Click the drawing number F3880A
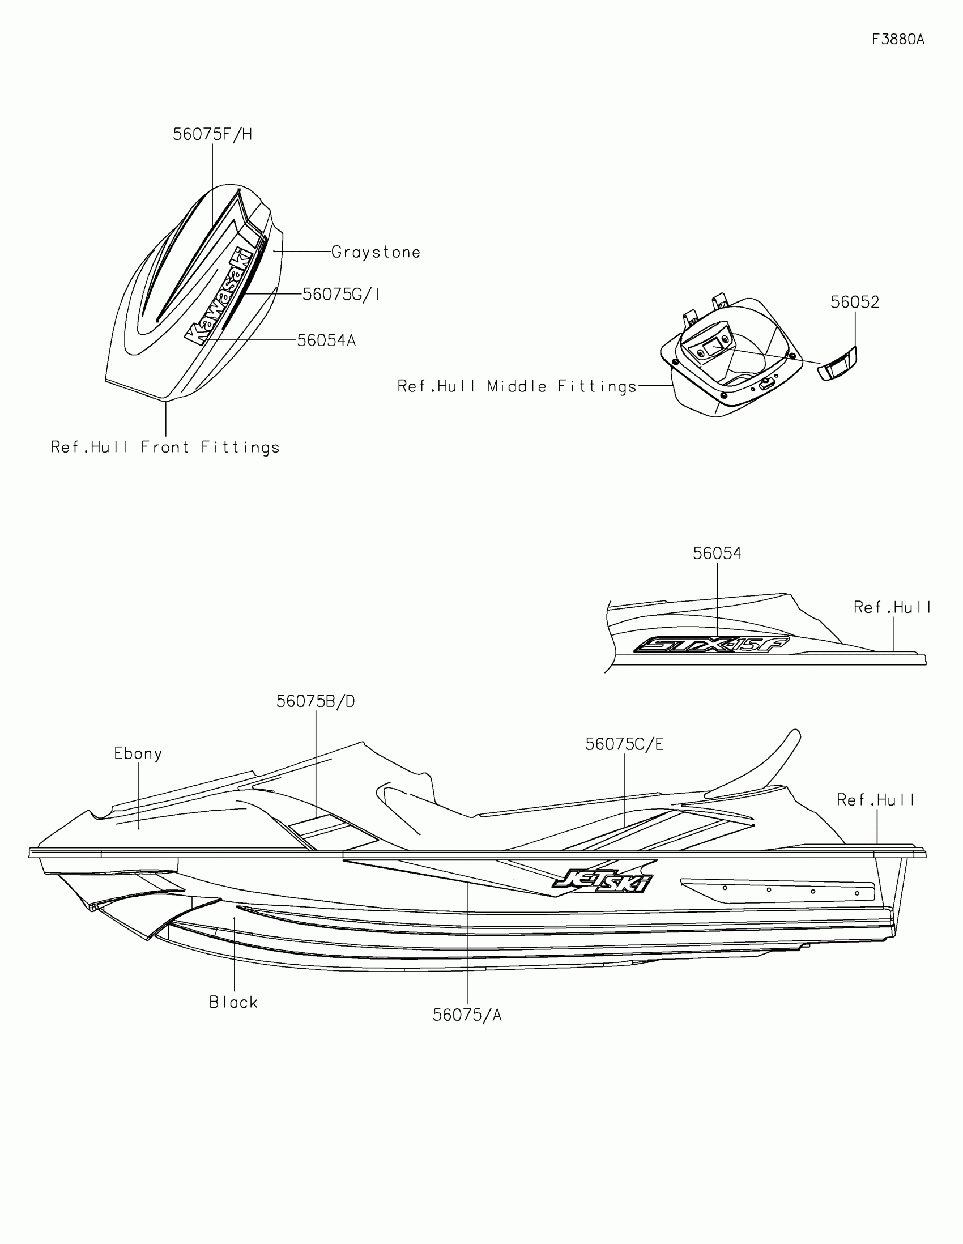click(x=898, y=39)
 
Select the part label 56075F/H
click(x=212, y=134)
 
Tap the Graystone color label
click(x=376, y=252)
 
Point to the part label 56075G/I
click(x=340, y=295)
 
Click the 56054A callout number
click(x=326, y=340)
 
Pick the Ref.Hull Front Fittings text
click(x=165, y=447)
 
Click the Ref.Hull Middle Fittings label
click(x=517, y=387)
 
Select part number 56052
click(x=855, y=302)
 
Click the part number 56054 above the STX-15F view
click(x=717, y=553)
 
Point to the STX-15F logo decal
click(x=711, y=645)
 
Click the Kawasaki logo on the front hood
click(x=219, y=297)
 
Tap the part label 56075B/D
click(x=316, y=702)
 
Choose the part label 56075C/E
click(x=624, y=744)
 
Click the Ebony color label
click(x=138, y=753)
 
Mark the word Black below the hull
click(x=233, y=1003)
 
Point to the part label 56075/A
click(x=467, y=1015)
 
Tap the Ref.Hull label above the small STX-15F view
click(x=892, y=608)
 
